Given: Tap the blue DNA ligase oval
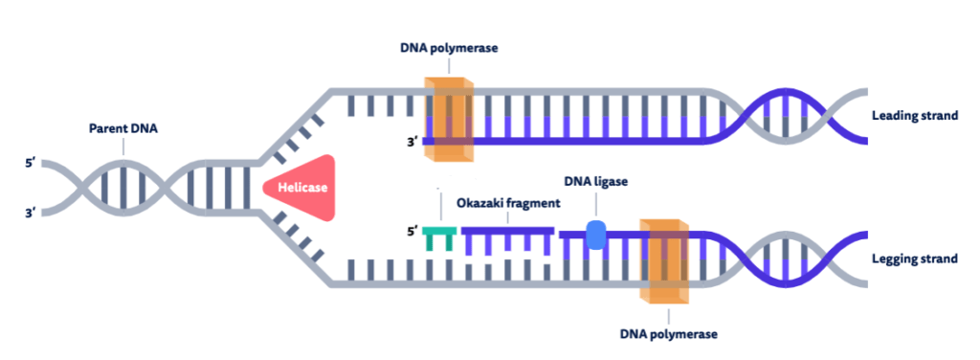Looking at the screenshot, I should [595, 236].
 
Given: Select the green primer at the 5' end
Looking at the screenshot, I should [439, 236].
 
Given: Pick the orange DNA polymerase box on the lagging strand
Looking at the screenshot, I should [667, 259].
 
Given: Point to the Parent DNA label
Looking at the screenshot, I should [123, 128].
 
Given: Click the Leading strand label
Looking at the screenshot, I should [915, 116].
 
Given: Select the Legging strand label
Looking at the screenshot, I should [915, 259].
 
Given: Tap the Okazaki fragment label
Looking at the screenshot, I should [507, 205].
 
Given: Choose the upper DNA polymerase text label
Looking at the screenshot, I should [449, 48].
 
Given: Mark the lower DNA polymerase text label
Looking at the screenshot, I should [668, 334].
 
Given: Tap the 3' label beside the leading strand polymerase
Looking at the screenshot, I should [412, 144].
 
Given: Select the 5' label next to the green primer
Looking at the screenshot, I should [412, 232].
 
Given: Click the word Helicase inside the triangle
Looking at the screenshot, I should [303, 188].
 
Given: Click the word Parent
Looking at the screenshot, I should [107, 128].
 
